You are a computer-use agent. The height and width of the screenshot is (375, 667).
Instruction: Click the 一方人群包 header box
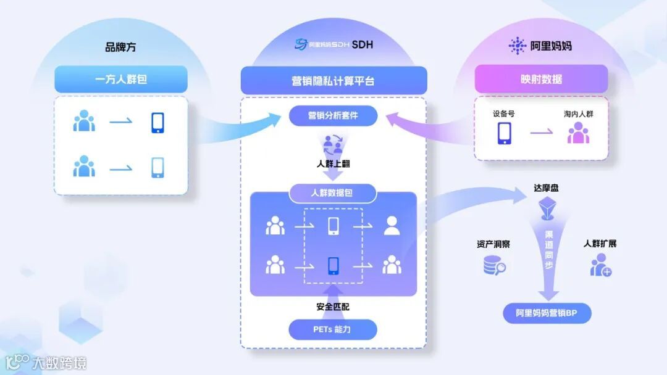121,80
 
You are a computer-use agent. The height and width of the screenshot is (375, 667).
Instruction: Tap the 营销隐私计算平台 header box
333,81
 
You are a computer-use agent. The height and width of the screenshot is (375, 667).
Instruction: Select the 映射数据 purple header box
541,80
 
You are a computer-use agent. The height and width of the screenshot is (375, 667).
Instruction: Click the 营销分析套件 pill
333,115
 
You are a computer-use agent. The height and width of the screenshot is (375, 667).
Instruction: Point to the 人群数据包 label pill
333,193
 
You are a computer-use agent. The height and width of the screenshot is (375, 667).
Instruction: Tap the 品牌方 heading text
121,47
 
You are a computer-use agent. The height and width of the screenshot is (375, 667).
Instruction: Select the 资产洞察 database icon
493,265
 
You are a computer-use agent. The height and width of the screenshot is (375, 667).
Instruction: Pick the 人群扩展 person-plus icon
600,265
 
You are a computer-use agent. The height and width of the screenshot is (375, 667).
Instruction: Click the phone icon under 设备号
505,133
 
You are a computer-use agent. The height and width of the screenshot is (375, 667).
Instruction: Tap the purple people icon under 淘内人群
578,133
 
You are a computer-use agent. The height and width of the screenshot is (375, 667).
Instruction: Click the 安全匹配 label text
333,306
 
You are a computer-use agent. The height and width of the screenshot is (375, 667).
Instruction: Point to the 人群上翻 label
333,165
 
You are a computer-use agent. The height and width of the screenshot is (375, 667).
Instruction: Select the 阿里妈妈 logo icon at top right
517,46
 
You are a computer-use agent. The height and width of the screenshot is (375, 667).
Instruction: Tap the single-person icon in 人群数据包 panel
392,226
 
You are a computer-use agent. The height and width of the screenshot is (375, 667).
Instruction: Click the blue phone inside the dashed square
333,265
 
